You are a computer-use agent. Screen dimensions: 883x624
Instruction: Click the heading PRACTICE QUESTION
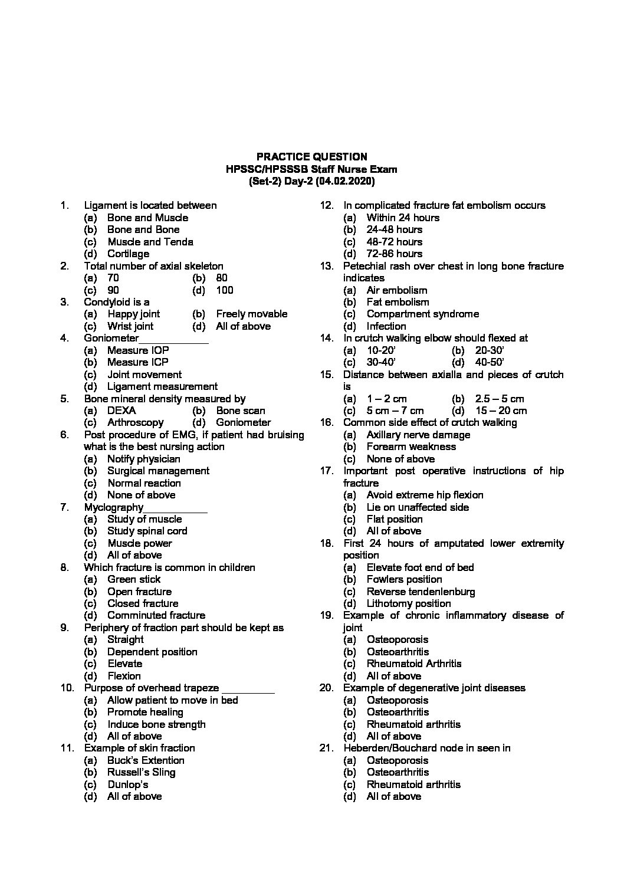(311, 157)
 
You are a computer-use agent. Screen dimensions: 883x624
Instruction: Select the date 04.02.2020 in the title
(344, 181)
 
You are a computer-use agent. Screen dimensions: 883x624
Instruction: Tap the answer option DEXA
(121, 411)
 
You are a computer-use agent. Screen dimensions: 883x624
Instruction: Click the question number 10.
(67, 688)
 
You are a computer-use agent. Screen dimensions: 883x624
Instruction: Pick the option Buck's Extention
(146, 760)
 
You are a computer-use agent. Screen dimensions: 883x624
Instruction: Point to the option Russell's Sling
(141, 772)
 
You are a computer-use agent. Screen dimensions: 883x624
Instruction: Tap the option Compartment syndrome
(422, 314)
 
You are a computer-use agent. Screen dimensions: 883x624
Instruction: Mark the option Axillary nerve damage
(418, 435)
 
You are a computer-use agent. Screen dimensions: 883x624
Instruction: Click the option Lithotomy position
(408, 603)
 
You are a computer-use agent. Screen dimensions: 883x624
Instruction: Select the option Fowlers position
(404, 579)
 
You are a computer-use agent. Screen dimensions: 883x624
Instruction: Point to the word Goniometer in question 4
(111, 338)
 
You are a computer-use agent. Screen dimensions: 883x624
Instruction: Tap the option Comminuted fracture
(156, 615)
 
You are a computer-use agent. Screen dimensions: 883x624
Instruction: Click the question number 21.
(326, 748)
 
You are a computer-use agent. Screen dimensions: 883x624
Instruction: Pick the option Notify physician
(143, 459)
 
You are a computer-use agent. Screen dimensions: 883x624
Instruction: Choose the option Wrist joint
(130, 326)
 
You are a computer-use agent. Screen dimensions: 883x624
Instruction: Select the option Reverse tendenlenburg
(421, 592)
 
